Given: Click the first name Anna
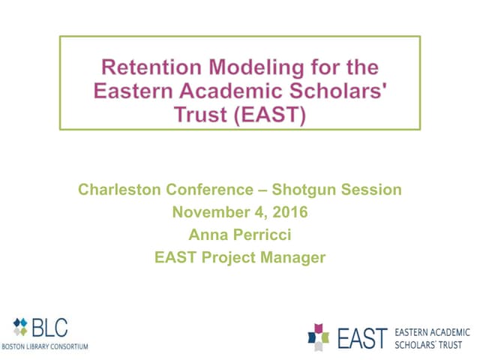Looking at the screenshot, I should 208,235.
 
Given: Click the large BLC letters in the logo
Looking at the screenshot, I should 49,328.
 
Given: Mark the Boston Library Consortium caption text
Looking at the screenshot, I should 44,346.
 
